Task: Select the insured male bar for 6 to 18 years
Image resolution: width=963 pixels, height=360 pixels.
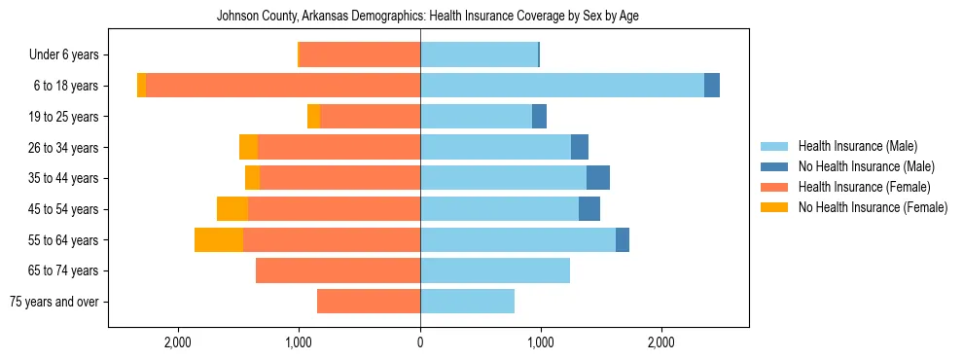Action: (x=562, y=86)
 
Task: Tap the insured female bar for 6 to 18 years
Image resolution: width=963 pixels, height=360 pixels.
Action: (x=283, y=86)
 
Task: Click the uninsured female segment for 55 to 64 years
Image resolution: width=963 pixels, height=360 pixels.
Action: (x=219, y=239)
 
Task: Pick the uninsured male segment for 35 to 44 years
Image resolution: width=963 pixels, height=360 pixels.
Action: (x=598, y=178)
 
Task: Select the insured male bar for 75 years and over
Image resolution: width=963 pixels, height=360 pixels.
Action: (x=467, y=302)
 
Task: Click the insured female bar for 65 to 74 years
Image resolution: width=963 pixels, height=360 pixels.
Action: (x=338, y=270)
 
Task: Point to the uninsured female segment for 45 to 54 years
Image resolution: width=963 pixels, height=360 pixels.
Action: (x=232, y=209)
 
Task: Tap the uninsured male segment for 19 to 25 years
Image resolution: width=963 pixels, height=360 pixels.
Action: (x=539, y=117)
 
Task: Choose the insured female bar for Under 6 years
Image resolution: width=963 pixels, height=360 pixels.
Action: (x=360, y=54)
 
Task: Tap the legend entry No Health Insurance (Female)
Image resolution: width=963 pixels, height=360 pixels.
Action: (x=873, y=207)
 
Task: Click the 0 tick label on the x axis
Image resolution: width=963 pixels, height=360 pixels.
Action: (x=420, y=342)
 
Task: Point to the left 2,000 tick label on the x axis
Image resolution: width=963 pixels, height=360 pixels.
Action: (x=178, y=342)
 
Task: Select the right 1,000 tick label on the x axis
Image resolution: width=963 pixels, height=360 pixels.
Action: (x=541, y=342)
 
